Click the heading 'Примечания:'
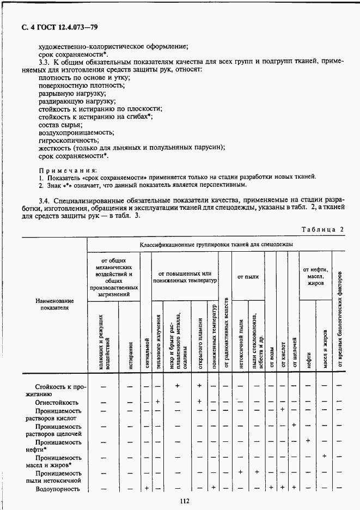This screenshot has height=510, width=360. tap(68, 169)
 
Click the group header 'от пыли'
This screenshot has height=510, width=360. tap(248, 277)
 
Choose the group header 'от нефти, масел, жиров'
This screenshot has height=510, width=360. tap(316, 276)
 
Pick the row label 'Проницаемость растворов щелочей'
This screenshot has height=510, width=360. tap(54, 430)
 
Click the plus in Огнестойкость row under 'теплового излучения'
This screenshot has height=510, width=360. tap(157, 402)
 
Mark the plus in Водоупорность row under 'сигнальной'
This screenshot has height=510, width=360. tap(147, 488)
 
